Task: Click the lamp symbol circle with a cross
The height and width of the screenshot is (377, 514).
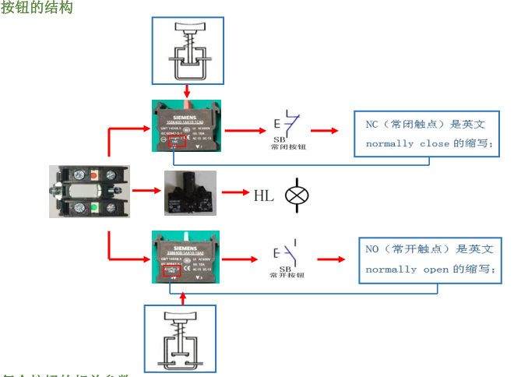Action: click(x=297, y=194)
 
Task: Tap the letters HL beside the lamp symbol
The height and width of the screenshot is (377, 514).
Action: click(x=264, y=195)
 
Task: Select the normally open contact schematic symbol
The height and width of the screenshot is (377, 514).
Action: click(x=288, y=252)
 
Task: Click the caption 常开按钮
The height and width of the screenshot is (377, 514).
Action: click(x=288, y=275)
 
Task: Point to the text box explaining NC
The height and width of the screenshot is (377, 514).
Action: click(x=426, y=133)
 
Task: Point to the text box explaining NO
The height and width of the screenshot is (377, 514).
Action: click(x=427, y=259)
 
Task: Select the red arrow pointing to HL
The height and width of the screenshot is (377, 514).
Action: click(x=234, y=191)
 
